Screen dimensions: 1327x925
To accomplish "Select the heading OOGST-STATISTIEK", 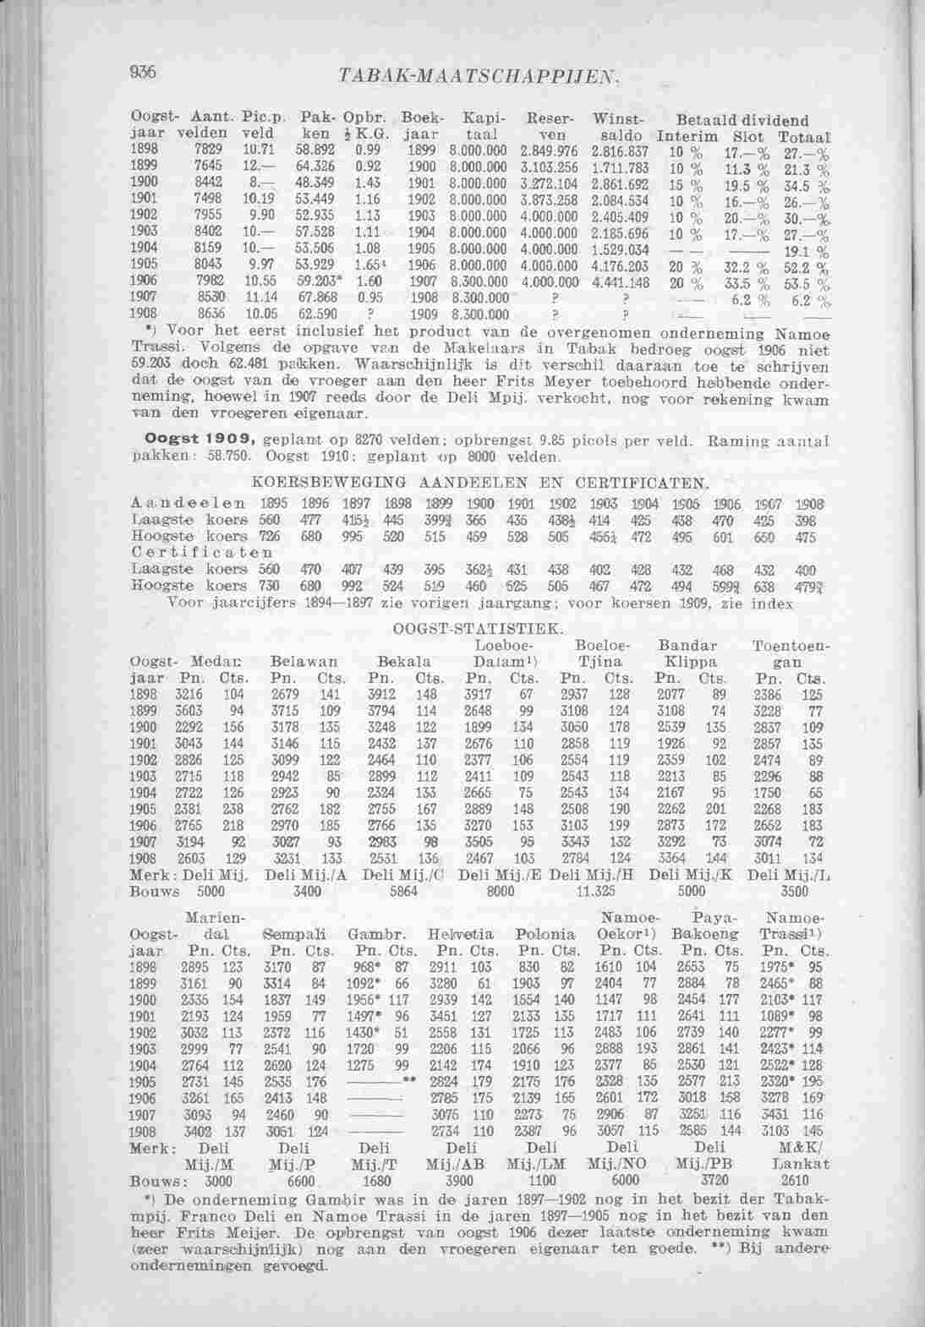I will click(x=477, y=630).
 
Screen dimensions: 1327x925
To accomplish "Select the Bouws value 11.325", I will click(x=594, y=890).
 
